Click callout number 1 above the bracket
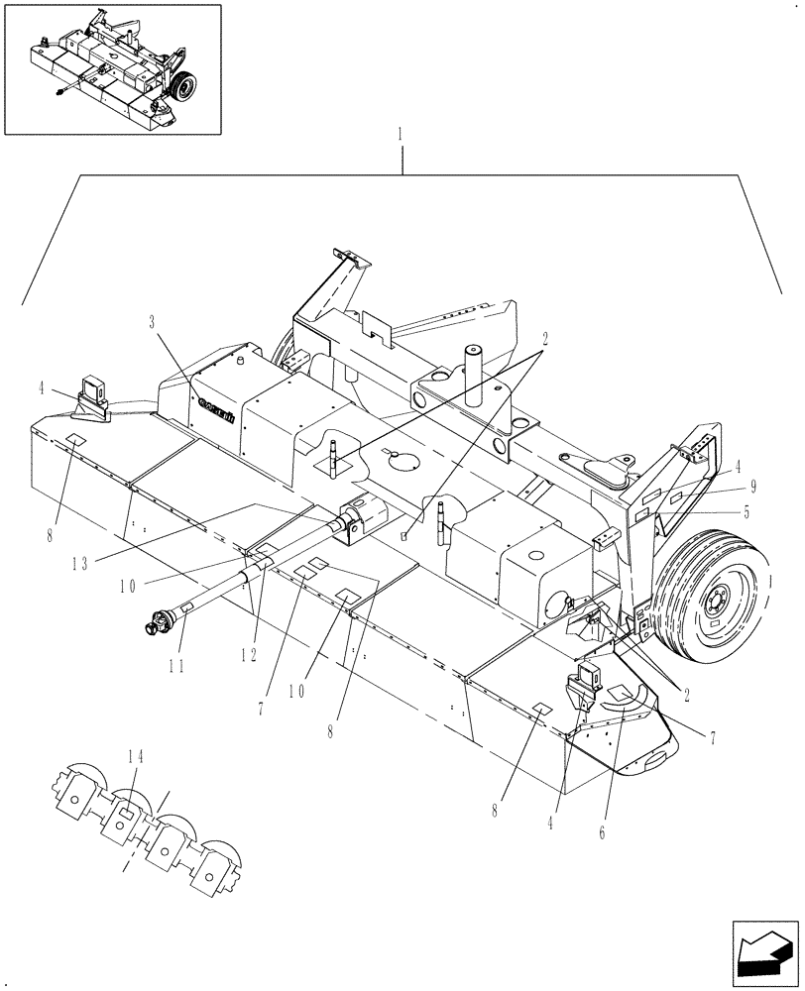point(401,133)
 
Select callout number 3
point(152,322)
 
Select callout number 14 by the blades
point(135,756)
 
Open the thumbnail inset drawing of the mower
point(112,68)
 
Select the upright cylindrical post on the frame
point(473,372)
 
